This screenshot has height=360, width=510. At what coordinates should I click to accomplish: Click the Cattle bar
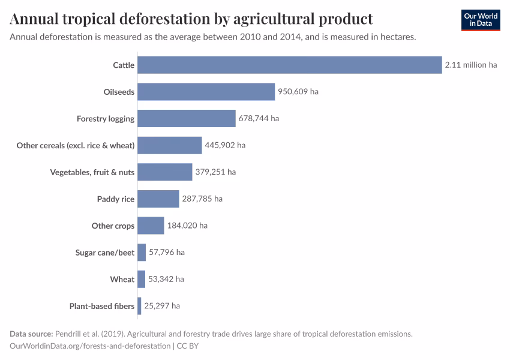click(x=289, y=65)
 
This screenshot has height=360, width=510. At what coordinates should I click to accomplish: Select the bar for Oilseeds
click(x=206, y=92)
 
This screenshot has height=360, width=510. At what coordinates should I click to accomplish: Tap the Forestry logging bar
click(x=186, y=118)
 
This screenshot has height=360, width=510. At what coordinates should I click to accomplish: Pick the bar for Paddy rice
click(x=158, y=199)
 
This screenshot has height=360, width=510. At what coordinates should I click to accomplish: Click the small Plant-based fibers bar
click(x=139, y=306)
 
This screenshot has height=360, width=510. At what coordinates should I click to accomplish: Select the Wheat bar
click(x=141, y=279)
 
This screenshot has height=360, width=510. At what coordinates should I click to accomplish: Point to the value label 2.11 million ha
click(x=471, y=65)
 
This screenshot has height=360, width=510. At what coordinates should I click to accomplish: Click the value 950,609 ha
click(x=298, y=92)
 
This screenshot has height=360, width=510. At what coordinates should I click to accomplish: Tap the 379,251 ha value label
click(x=215, y=172)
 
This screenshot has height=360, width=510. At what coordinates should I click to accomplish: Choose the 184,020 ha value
click(x=187, y=226)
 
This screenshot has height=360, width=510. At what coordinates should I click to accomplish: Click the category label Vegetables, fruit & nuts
click(x=92, y=172)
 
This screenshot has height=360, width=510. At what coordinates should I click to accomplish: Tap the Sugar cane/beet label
click(x=105, y=253)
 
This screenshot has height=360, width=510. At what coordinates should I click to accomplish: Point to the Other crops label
click(x=113, y=226)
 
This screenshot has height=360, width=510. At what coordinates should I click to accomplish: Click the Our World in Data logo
click(x=481, y=20)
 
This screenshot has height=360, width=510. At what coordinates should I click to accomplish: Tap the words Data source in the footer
click(x=31, y=334)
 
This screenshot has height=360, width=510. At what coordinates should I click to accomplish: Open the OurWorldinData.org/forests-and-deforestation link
click(x=90, y=346)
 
